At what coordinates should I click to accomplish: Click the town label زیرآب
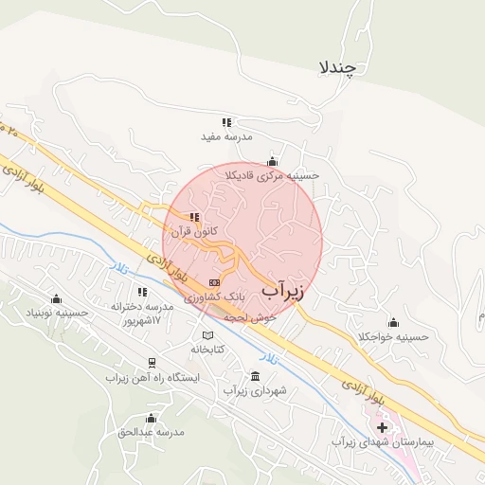click(x=283, y=289)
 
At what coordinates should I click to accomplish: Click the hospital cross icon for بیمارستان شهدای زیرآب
click(x=382, y=428)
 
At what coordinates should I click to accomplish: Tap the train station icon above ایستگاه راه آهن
click(x=150, y=363)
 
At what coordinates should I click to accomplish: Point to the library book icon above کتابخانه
click(x=207, y=335)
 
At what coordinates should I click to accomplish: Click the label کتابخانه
click(x=207, y=349)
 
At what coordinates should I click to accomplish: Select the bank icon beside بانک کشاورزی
click(x=215, y=282)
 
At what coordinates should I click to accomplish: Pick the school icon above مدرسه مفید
click(x=226, y=122)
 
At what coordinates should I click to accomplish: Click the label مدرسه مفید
click(x=226, y=136)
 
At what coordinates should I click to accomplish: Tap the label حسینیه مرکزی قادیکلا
click(x=273, y=175)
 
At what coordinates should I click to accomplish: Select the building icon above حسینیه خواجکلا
click(x=393, y=322)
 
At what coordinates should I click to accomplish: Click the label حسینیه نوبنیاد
click(x=57, y=311)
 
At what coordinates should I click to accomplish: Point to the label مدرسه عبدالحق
click(x=151, y=432)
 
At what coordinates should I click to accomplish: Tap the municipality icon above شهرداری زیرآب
click(x=254, y=376)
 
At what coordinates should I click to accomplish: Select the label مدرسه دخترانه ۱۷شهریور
click(x=143, y=313)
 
